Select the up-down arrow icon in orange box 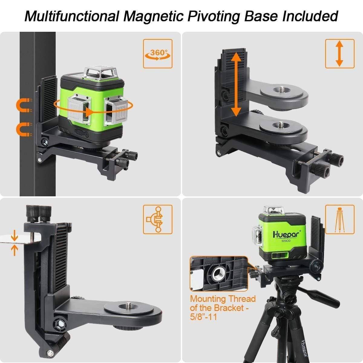(339, 54)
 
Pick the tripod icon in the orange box (339, 219)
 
